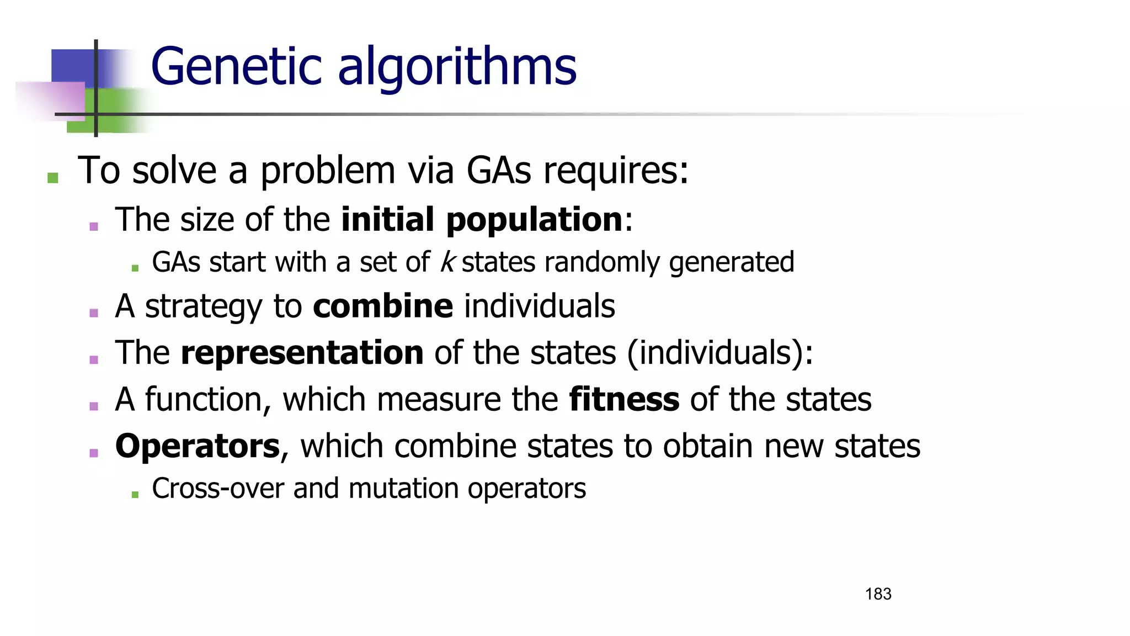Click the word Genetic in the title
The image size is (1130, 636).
point(237,67)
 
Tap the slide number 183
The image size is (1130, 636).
point(878,594)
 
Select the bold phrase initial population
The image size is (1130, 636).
point(482,220)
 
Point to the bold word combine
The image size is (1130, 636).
point(383,306)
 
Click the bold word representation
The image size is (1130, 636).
point(302,353)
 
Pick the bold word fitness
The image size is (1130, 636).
point(624,399)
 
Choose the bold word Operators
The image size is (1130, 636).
point(198,446)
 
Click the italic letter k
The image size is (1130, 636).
point(446,262)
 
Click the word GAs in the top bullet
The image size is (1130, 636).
point(499,170)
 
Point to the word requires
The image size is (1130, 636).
point(616,171)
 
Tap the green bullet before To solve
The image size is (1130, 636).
point(53,178)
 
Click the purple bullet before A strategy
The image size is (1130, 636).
point(94,313)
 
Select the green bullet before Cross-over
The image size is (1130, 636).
point(135,495)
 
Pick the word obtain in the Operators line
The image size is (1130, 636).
point(708,446)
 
